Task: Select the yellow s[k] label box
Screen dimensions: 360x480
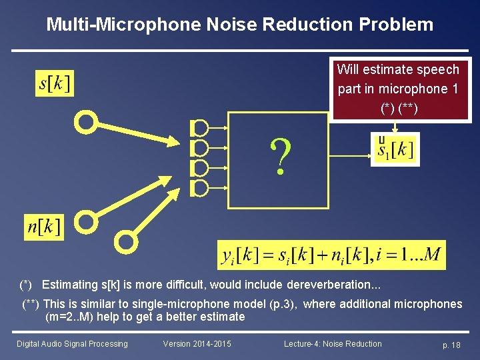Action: [x=55, y=83]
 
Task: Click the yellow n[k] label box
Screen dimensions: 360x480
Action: [x=43, y=227]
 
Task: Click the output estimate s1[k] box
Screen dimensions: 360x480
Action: [x=395, y=149]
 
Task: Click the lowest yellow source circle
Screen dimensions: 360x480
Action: [x=126, y=242]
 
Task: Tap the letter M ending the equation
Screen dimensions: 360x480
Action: [x=432, y=255]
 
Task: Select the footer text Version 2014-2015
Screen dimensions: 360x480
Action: [x=197, y=344]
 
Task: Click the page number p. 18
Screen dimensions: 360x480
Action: [x=451, y=345]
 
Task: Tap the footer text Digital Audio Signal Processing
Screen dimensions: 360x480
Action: [x=72, y=344]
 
